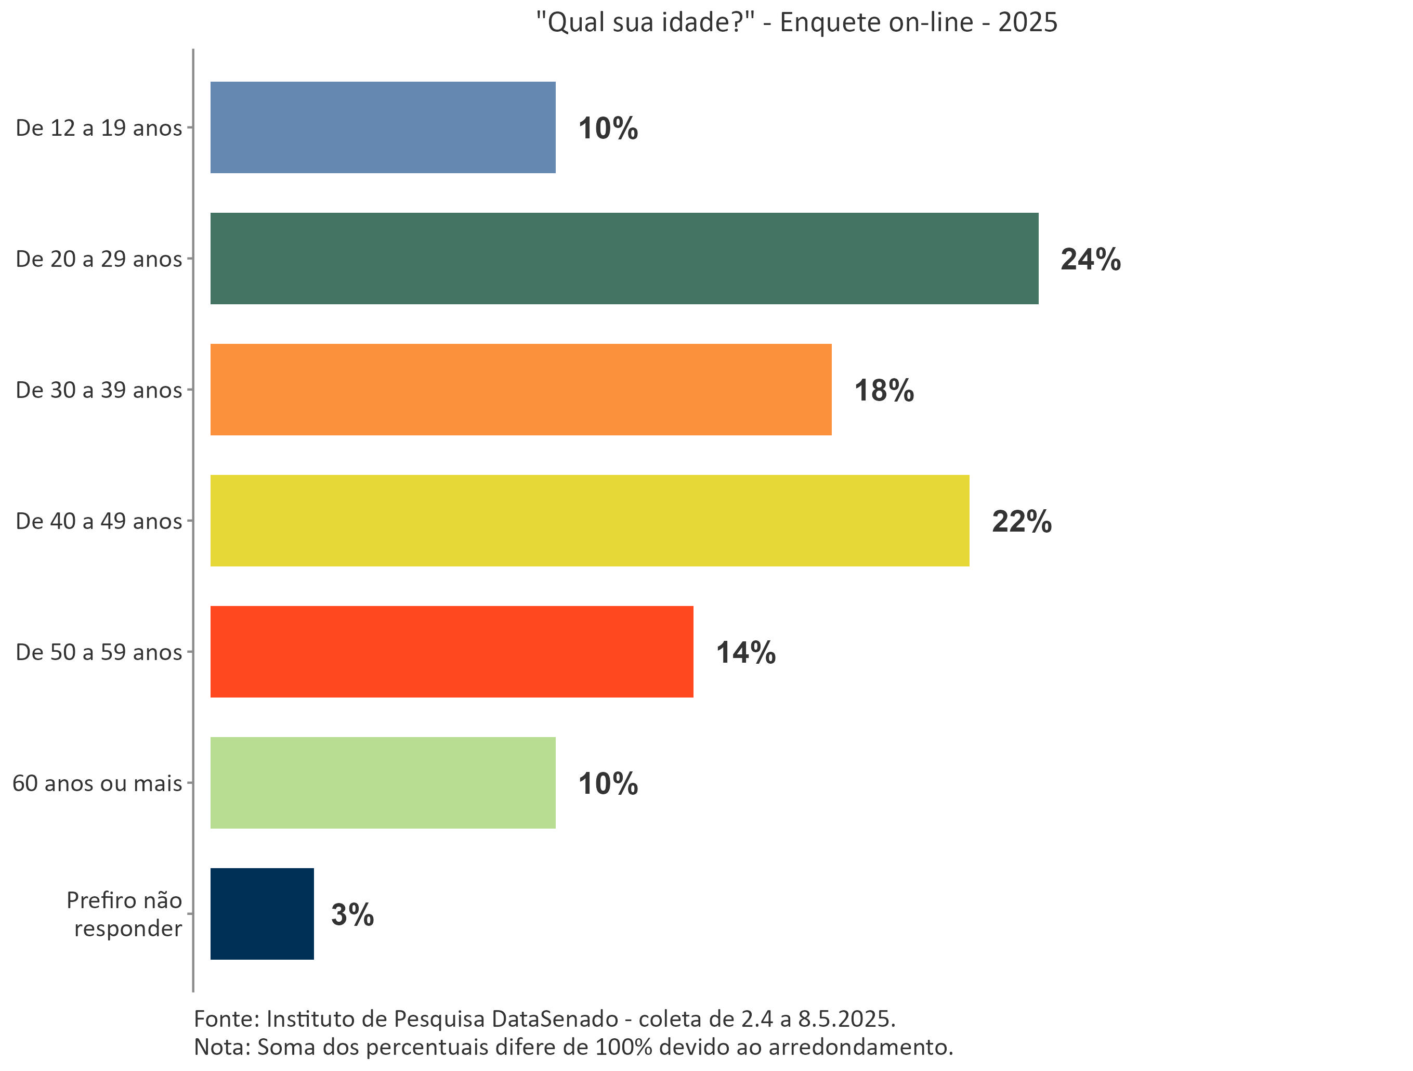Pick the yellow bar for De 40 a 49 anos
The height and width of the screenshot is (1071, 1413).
click(590, 520)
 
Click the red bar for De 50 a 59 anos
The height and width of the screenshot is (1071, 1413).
click(452, 651)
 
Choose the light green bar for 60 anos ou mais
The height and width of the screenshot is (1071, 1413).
click(383, 782)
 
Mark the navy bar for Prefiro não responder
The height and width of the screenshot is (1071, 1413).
click(262, 913)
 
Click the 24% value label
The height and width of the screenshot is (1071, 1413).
click(1090, 260)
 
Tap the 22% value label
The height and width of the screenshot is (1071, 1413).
click(1021, 521)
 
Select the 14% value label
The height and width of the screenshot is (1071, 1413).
click(745, 652)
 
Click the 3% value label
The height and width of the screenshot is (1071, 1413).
click(352, 914)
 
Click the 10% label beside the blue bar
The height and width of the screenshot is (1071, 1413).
click(608, 128)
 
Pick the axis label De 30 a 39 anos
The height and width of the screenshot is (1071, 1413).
click(99, 390)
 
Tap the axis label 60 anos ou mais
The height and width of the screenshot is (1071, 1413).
click(97, 783)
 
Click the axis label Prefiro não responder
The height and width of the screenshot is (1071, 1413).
click(125, 914)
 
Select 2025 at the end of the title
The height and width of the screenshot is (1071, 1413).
click(1027, 22)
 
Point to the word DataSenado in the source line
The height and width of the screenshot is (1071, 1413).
click(555, 1018)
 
